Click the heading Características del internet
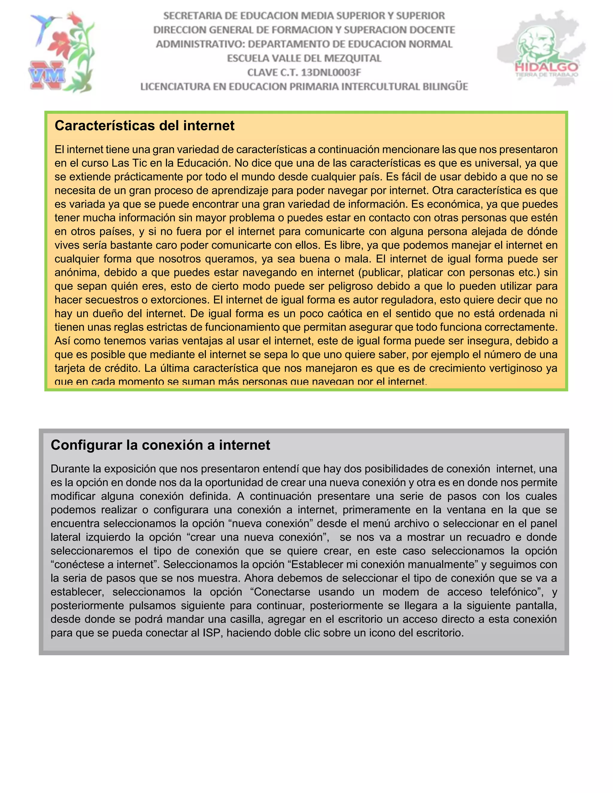pos(145,126)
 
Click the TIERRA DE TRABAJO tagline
pos(546,75)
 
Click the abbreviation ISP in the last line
pos(212,633)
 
